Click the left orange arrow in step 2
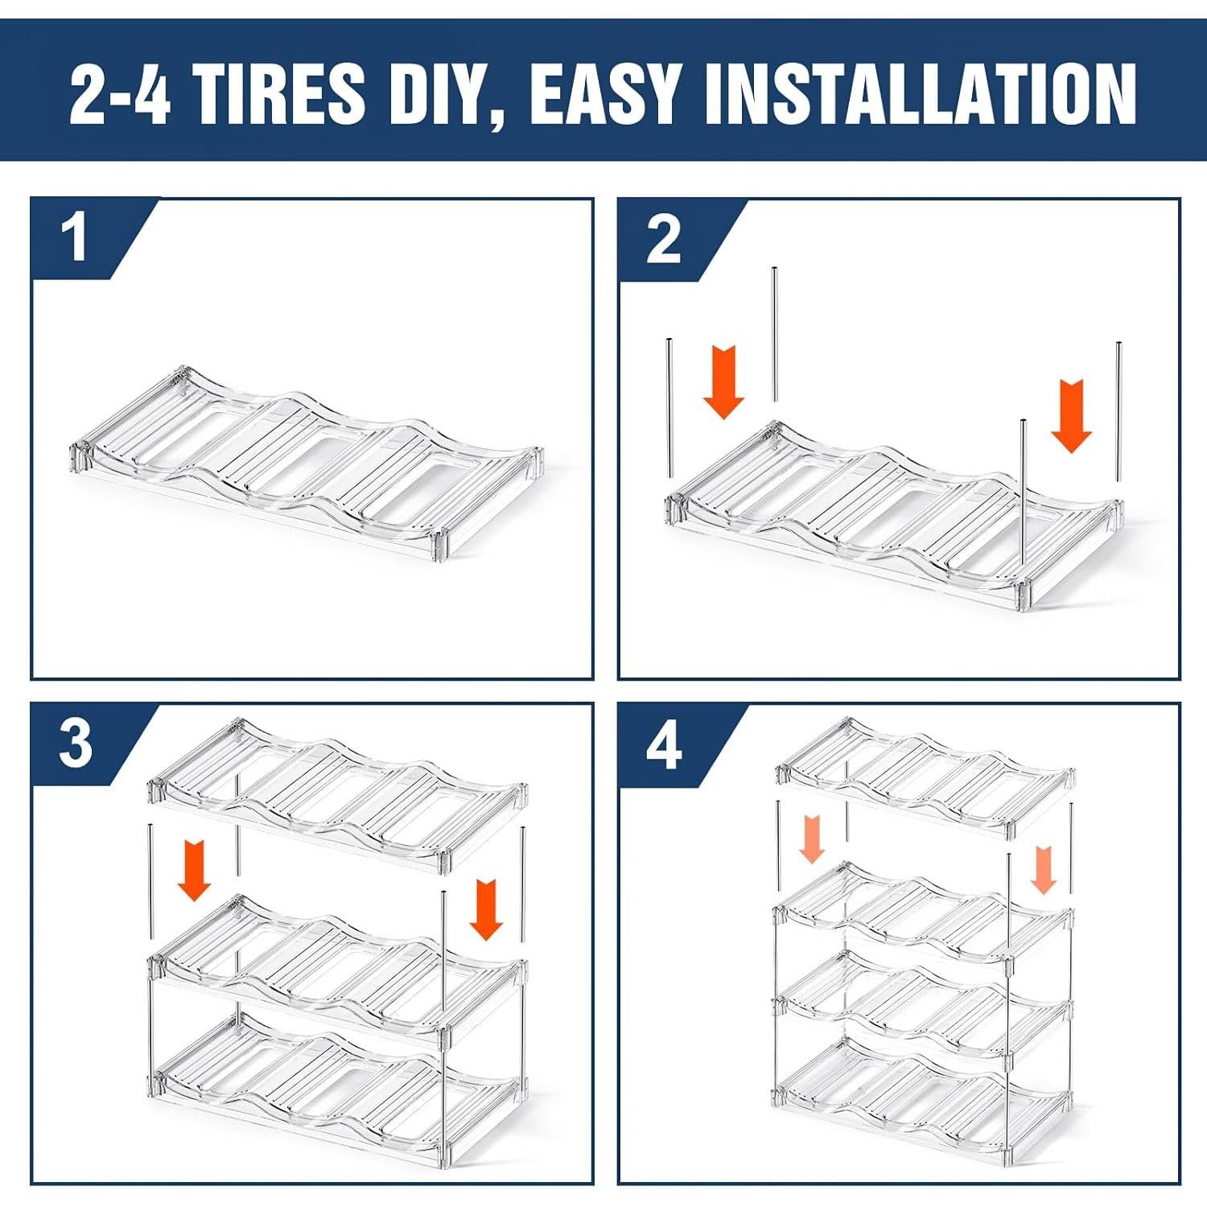[723, 382]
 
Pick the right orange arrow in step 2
[1071, 417]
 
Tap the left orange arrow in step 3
[194, 870]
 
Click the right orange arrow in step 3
[486, 910]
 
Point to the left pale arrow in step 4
[813, 839]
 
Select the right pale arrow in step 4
[1044, 870]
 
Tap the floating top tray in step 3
[338, 793]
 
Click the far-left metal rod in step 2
[669, 409]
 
